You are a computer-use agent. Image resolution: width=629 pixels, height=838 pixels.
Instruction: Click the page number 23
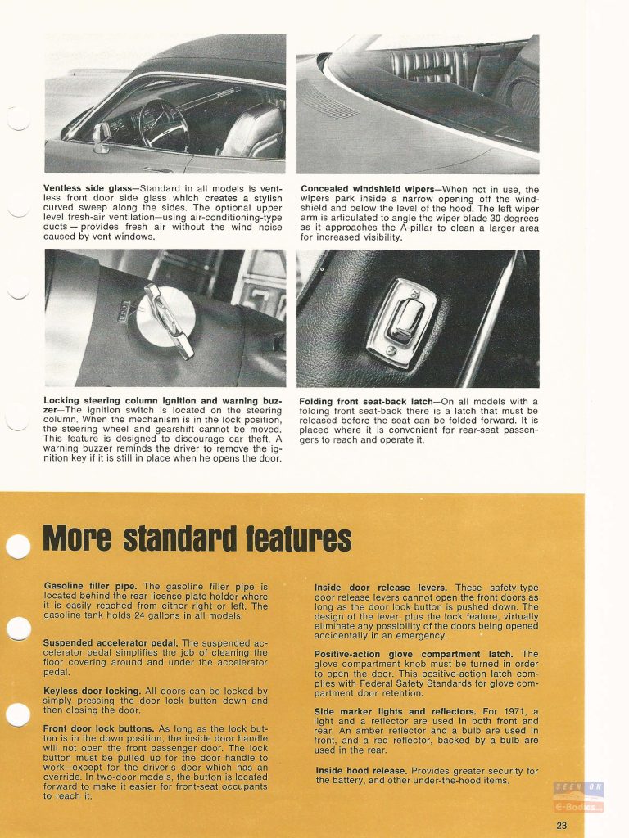(x=560, y=825)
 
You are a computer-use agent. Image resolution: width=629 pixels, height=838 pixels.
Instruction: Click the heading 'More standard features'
(x=197, y=538)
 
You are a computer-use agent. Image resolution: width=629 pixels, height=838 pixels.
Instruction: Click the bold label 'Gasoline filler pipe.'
(x=92, y=587)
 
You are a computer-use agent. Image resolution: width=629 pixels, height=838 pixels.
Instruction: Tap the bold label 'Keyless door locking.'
(x=91, y=692)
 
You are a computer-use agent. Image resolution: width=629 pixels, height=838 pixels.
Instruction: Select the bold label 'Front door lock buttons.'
(x=99, y=728)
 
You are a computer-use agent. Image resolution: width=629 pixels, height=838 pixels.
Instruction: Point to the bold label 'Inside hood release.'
(x=361, y=771)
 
